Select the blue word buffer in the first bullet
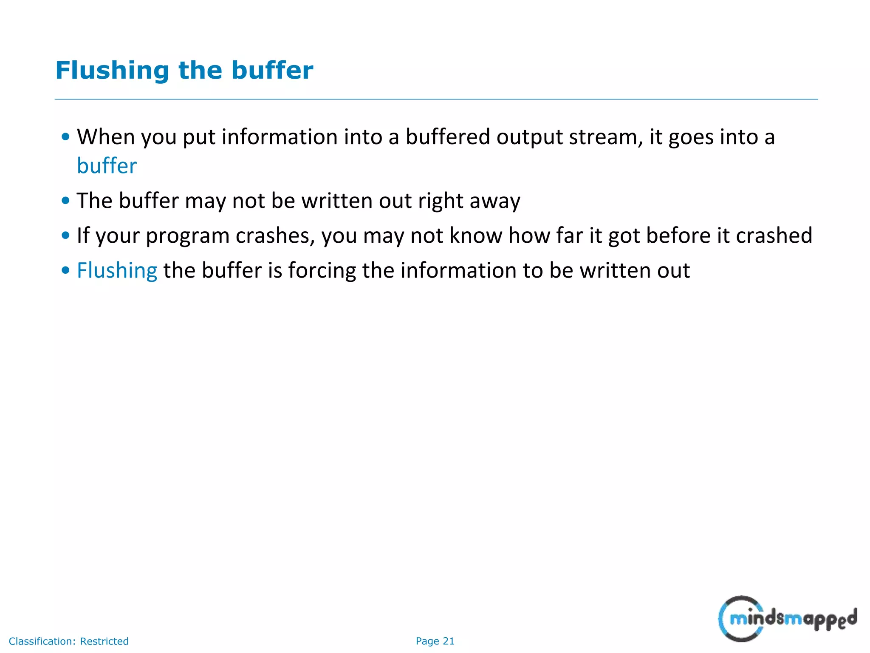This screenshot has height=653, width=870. pos(107,166)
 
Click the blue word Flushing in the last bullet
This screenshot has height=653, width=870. pos(117,270)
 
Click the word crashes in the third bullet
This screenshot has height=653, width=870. pos(275,236)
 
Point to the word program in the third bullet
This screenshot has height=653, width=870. pos(187,236)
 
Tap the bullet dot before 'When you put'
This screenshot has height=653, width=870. pos(65,137)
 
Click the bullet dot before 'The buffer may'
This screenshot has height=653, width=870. pos(65,201)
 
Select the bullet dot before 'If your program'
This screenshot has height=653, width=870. pos(65,236)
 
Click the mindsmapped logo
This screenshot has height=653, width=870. pos(787,618)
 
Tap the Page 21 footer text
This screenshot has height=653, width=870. pos(435,641)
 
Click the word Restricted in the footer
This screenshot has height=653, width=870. pos(104,641)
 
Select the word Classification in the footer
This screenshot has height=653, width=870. pos(42,641)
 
